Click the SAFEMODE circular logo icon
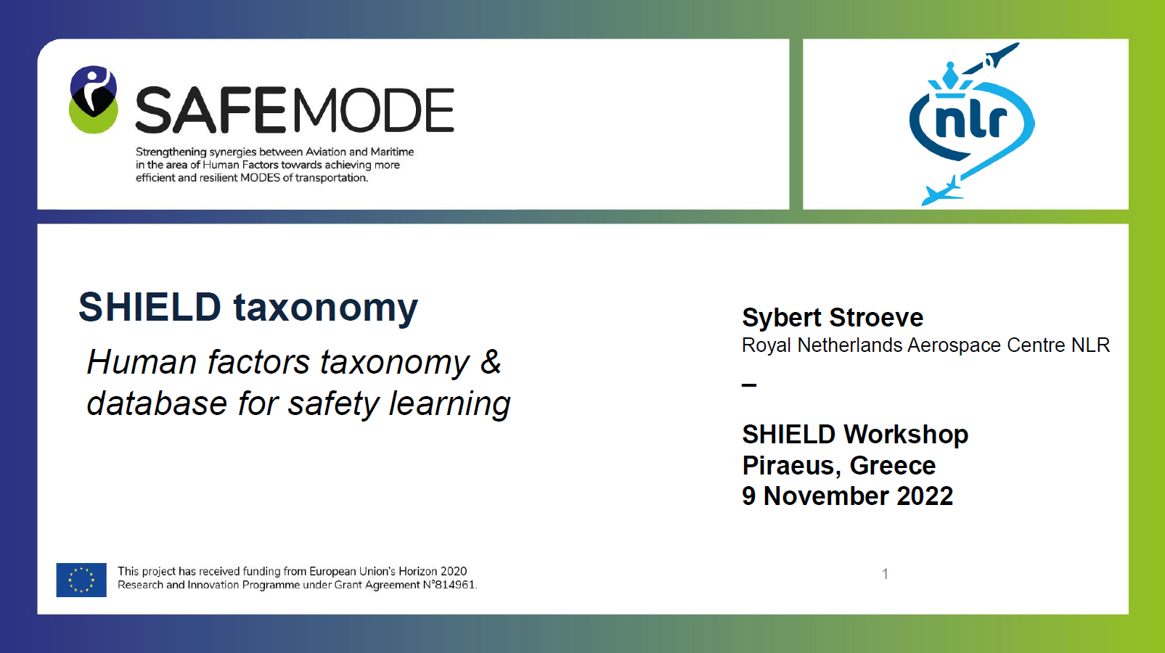[x=94, y=99]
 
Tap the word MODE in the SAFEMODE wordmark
[x=374, y=110]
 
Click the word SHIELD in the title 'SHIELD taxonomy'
[x=150, y=307]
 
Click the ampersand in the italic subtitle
[x=491, y=361]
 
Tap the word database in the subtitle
[x=157, y=403]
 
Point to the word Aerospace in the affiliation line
[x=952, y=346]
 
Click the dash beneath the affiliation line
[x=749, y=385]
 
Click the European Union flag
[x=81, y=580]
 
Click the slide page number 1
[x=886, y=574]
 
